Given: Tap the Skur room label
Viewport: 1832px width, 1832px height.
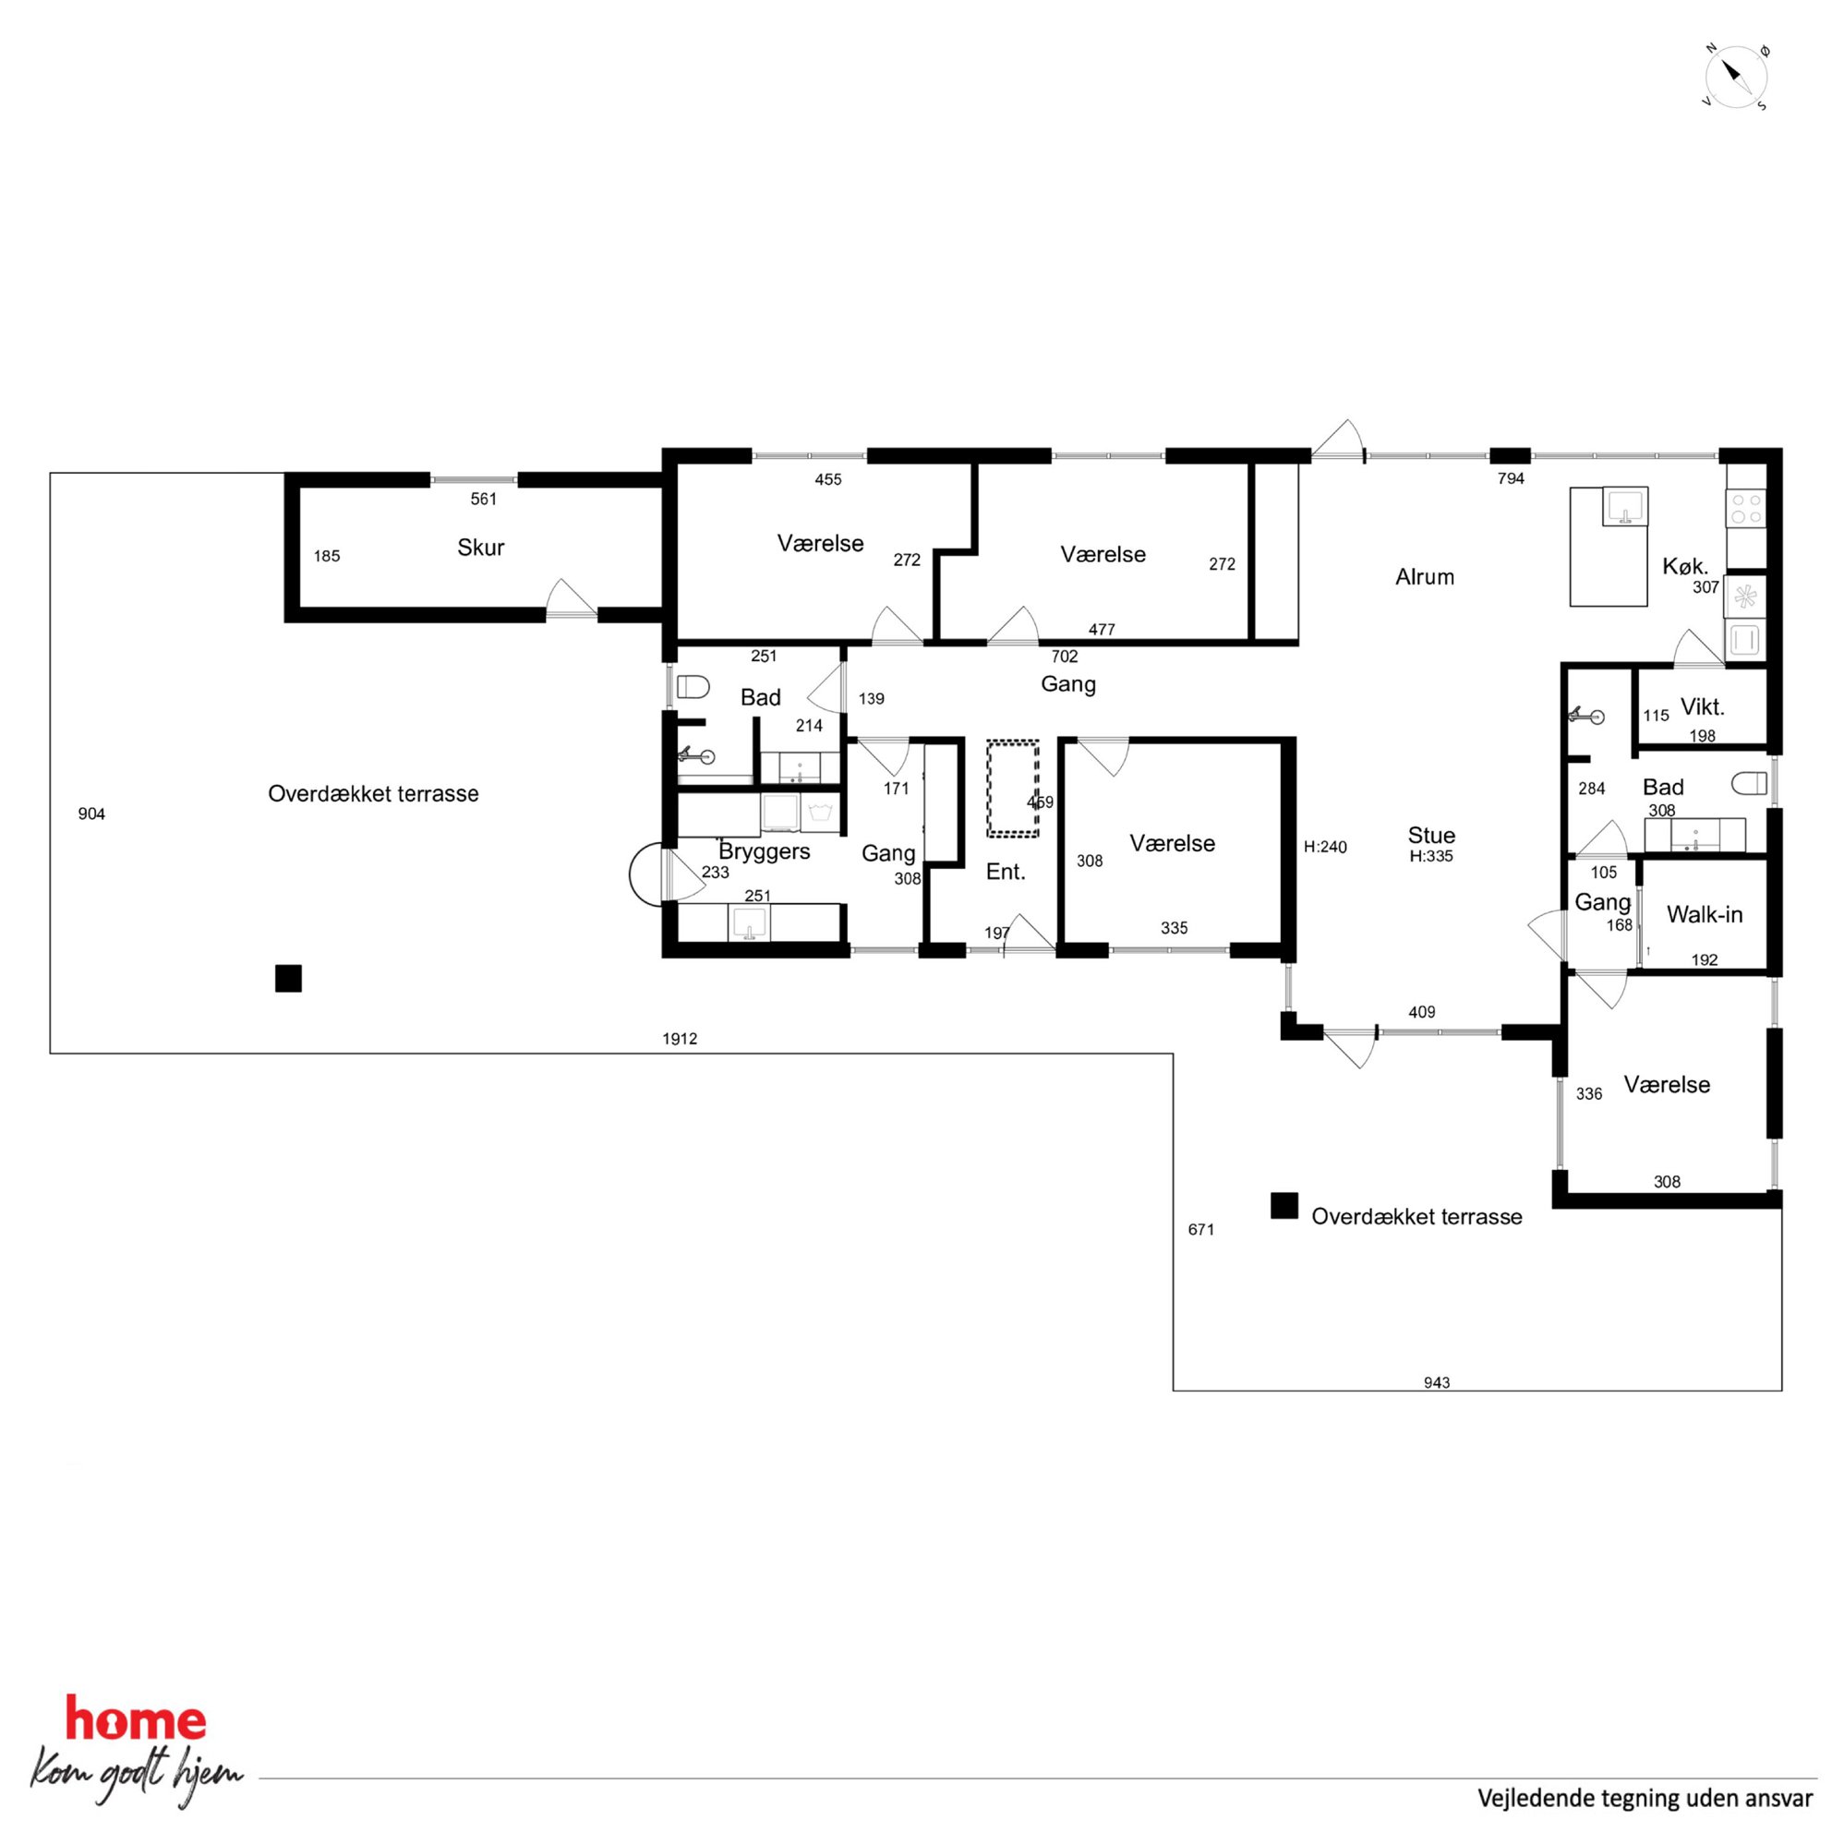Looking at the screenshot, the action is tap(481, 548).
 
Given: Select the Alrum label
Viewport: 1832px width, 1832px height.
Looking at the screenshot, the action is tap(1424, 576).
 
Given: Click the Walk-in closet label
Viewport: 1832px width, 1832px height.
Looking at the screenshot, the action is tap(1705, 914).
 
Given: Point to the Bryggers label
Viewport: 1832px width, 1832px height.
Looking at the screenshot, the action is tap(765, 851).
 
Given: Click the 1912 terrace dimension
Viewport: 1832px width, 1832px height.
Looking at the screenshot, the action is tap(680, 1038).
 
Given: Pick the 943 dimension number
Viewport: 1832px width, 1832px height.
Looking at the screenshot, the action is tap(1437, 1382).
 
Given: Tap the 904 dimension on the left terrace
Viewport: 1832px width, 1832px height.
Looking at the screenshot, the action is tap(92, 814).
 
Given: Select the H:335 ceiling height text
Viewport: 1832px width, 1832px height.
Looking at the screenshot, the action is tap(1431, 856).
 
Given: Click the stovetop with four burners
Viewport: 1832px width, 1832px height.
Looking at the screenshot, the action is tap(1745, 507).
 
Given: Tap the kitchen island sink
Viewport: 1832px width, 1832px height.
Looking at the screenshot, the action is tap(1625, 506).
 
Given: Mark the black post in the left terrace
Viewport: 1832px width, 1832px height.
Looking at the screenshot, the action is tap(288, 978).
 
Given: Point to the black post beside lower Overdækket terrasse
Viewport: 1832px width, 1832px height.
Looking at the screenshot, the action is tap(1284, 1205).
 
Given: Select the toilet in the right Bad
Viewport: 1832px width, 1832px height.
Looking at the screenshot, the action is tap(1750, 783).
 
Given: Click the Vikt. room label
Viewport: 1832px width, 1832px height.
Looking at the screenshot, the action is tap(1702, 706).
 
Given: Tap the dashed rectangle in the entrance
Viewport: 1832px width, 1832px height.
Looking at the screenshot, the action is tap(1013, 788).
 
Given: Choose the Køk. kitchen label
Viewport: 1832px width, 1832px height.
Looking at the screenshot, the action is tap(1685, 567).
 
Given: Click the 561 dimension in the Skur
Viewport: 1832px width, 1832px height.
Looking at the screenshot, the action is tap(484, 499).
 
